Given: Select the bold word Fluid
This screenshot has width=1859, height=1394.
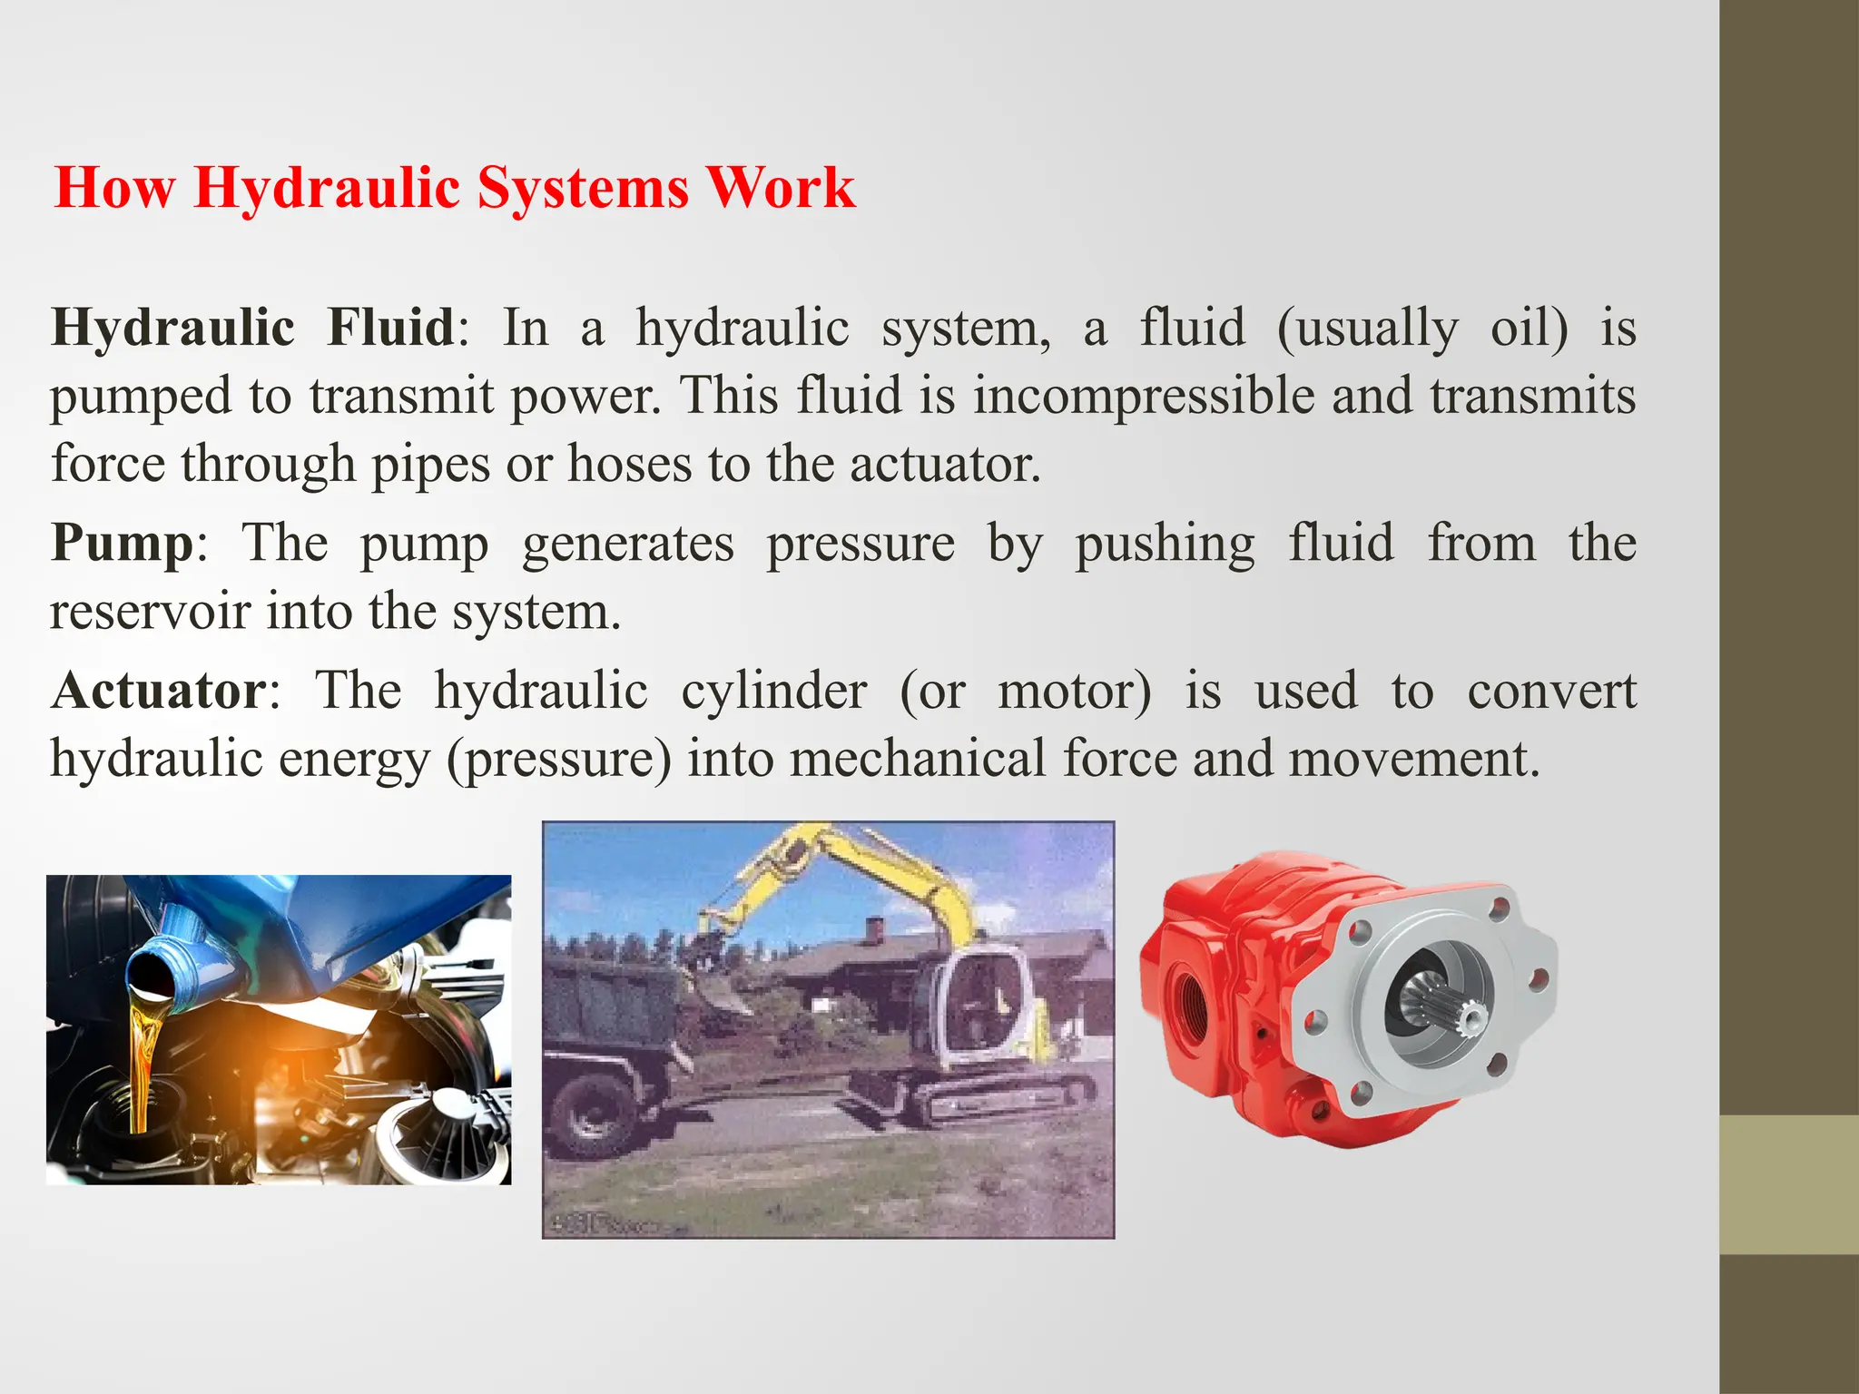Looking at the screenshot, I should [390, 328].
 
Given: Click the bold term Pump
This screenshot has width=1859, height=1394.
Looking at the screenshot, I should [123, 544].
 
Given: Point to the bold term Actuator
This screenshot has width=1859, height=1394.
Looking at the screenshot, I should [160, 691].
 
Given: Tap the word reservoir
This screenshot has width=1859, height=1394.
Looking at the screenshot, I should [150, 612].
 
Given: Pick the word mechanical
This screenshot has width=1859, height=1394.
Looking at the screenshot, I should [918, 759].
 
